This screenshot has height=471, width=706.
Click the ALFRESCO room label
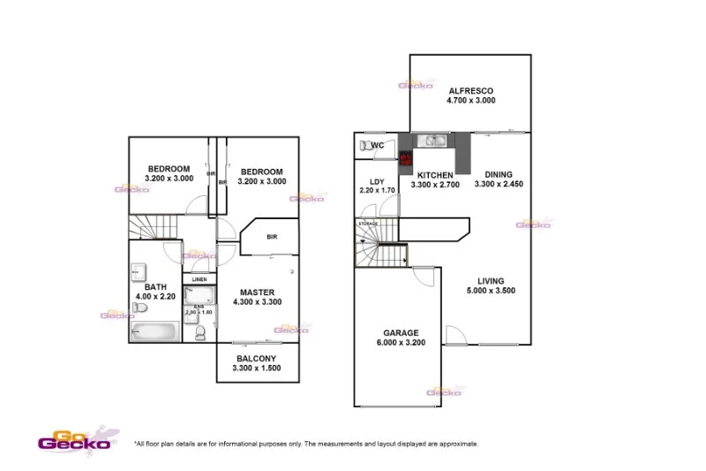(470, 91)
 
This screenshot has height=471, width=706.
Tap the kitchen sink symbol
(432, 140)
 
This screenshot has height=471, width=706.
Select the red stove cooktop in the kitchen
(406, 160)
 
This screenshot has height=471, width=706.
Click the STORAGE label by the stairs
(368, 224)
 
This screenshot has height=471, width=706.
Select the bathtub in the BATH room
(154, 330)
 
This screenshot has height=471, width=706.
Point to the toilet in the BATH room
(139, 308)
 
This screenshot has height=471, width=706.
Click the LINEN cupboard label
(199, 279)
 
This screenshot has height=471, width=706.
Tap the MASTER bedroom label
(257, 292)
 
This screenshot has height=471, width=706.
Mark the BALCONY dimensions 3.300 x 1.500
(257, 368)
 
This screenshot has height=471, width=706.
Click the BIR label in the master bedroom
(272, 237)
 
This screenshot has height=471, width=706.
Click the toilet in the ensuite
(200, 332)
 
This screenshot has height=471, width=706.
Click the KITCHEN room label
(435, 174)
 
